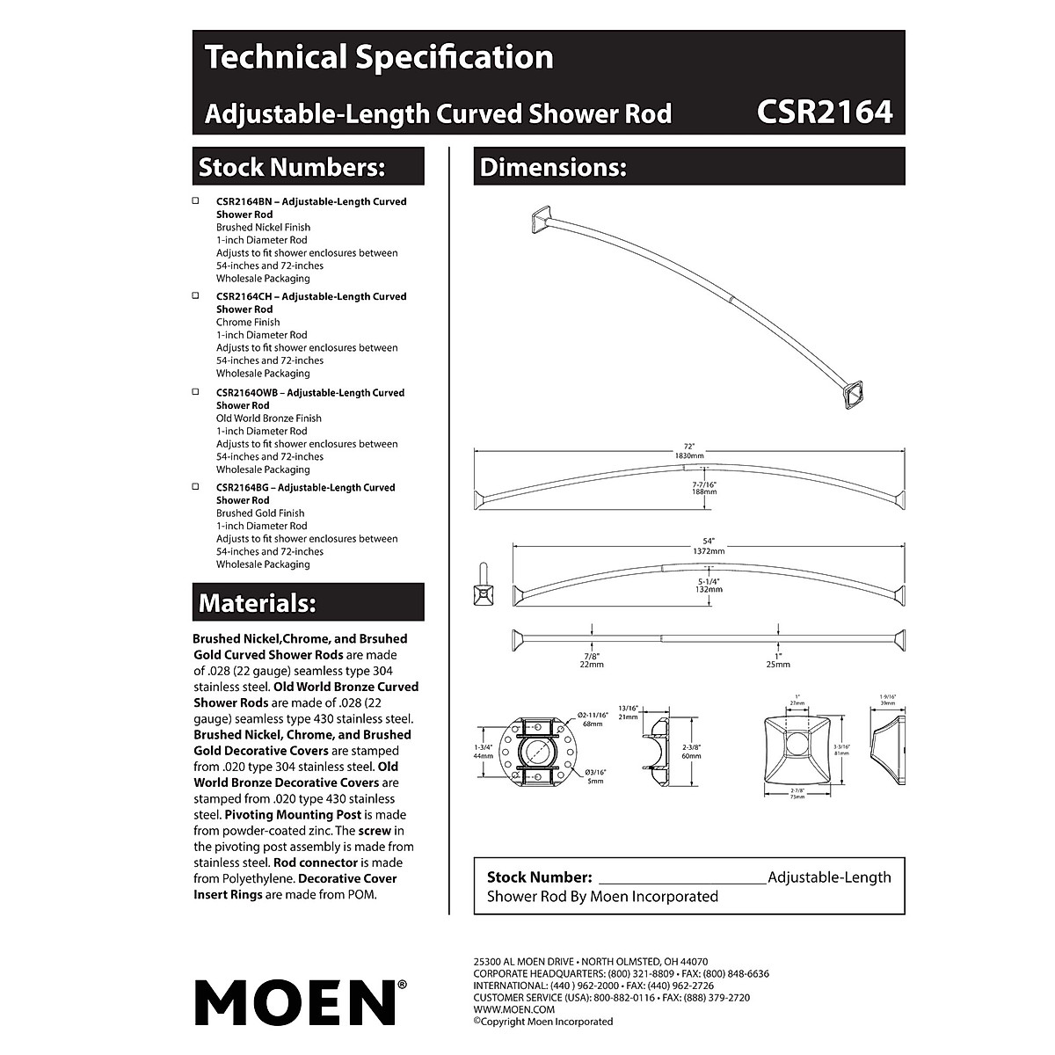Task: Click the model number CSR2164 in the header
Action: click(824, 112)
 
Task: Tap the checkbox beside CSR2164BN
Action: click(196, 201)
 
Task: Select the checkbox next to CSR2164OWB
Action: click(196, 392)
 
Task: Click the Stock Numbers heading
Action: click(292, 167)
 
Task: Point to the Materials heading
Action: click(257, 603)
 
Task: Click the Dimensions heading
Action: click(553, 167)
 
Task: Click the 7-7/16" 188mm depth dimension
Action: click(704, 488)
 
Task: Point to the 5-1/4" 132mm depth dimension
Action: click(709, 585)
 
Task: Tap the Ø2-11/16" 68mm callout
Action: click(593, 719)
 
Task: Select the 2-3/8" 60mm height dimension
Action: click(691, 751)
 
